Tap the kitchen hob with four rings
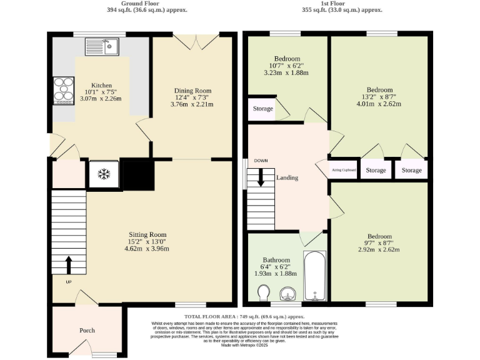(x=63, y=89)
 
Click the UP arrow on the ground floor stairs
(x=68, y=264)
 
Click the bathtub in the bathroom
(x=314, y=275)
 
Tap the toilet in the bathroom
(x=263, y=292)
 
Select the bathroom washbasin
(x=287, y=292)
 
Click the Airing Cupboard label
(x=344, y=170)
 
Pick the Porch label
(x=87, y=331)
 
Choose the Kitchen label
(x=102, y=85)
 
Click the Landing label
(x=287, y=177)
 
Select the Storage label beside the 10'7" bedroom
(x=262, y=109)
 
